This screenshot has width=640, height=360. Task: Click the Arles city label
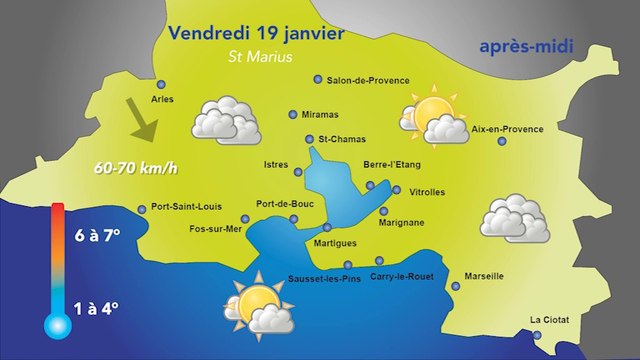[162, 100]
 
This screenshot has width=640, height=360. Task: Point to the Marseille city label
[484, 276]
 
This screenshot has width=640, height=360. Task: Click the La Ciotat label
[549, 321]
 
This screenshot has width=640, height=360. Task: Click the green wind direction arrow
[142, 122]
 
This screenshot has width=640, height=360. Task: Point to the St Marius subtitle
[260, 57]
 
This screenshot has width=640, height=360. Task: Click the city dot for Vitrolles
[397, 190]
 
